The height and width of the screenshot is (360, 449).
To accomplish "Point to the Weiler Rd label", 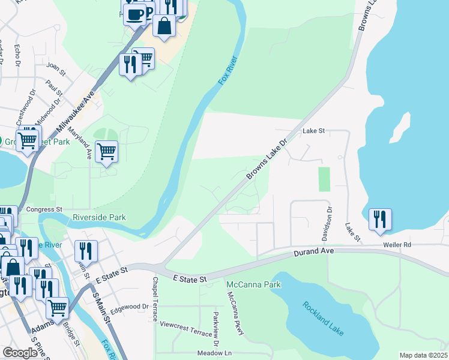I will [398, 245].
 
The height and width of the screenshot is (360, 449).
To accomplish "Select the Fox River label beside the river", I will [229, 71].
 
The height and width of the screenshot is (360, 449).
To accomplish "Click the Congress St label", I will [45, 209].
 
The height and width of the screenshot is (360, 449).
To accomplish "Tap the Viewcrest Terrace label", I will [187, 324].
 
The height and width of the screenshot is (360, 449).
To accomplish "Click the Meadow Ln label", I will [214, 353].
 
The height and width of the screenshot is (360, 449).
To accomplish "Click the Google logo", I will [20, 353].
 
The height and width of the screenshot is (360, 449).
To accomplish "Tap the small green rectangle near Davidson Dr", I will [324, 179].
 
